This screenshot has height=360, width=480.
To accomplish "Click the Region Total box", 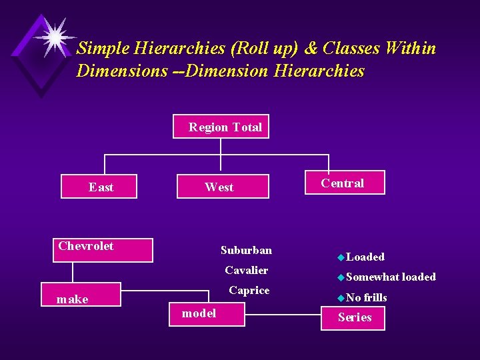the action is [x=225, y=127].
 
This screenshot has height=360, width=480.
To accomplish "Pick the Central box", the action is [x=344, y=183].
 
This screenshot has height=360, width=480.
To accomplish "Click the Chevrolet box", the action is [x=104, y=249].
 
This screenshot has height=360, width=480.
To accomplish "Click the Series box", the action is [x=355, y=317].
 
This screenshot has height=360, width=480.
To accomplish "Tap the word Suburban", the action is [x=246, y=250].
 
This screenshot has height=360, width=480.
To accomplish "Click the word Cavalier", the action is [x=246, y=270].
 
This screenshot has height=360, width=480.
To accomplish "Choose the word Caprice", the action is [x=249, y=290].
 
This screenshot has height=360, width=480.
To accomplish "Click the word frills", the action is [x=375, y=297].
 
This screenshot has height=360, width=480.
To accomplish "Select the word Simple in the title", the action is [x=103, y=49].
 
